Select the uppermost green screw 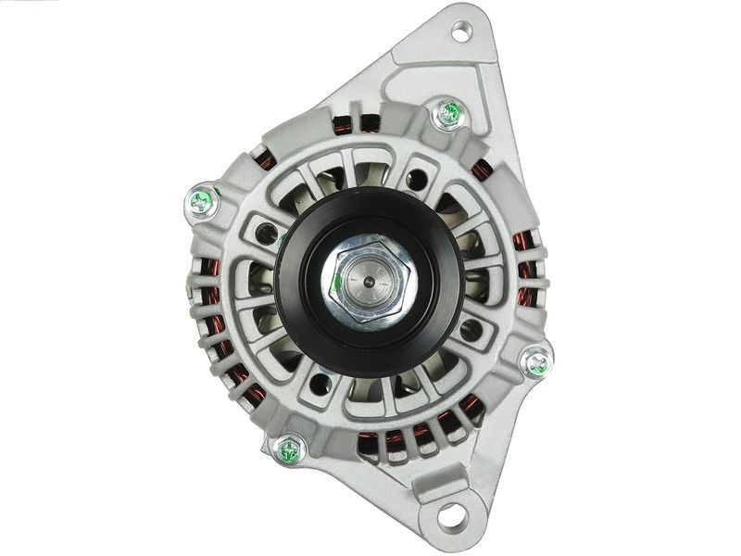[x=448, y=114]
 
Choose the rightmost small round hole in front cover [x=471, y=328]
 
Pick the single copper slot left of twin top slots [x=266, y=160]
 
